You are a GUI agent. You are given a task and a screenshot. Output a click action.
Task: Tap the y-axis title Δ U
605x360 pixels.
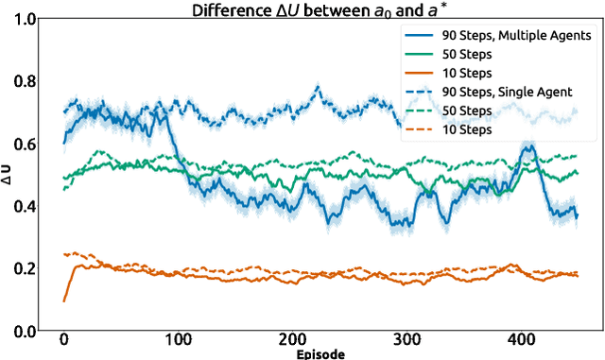9,175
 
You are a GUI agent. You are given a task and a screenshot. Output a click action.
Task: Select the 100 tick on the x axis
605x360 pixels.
178,341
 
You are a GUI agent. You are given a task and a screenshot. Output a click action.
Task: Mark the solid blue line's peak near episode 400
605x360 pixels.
527,145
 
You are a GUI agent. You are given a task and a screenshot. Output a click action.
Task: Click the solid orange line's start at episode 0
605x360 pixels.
64,300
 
